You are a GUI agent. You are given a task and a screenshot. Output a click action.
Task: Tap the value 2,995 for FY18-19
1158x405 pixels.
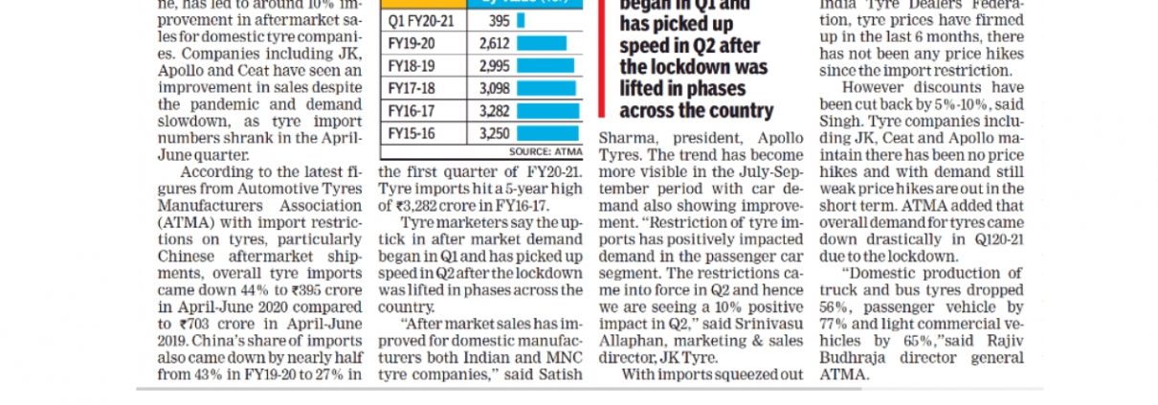tap(495, 66)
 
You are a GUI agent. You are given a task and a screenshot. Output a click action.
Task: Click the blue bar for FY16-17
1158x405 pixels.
tap(547, 111)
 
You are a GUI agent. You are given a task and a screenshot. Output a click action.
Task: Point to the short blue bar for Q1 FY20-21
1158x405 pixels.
tap(521, 20)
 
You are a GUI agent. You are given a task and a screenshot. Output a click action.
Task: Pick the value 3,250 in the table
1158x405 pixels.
tap(495, 134)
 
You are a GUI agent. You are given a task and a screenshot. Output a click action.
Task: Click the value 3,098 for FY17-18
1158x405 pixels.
tap(495, 89)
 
